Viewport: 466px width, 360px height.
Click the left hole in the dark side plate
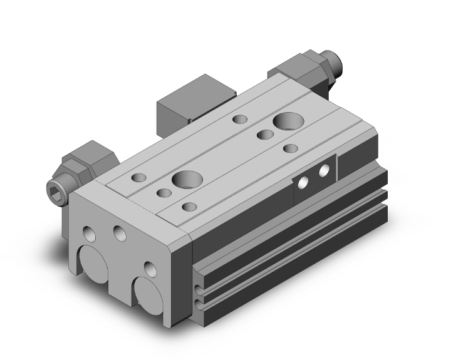(303, 182)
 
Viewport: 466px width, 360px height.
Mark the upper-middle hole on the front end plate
(119, 233)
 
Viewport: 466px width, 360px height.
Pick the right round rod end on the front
(149, 297)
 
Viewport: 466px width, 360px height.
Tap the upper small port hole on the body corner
(199, 273)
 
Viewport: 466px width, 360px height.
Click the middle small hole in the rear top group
(264, 133)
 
